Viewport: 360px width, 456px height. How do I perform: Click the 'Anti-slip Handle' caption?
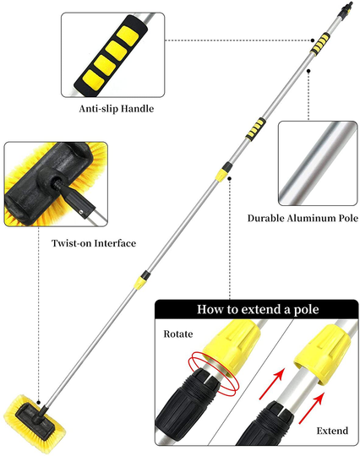(117, 109)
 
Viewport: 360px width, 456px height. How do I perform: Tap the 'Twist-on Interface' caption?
(94, 243)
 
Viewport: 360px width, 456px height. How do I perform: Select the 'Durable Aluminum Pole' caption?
(303, 218)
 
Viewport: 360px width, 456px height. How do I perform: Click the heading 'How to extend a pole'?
(258, 309)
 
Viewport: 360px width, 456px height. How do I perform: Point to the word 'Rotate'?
(178, 334)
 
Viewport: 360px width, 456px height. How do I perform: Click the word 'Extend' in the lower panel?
(332, 431)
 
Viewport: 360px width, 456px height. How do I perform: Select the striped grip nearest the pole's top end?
(319, 44)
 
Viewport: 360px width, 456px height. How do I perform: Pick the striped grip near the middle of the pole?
(255, 129)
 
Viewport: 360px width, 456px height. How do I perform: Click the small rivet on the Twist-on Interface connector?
(81, 212)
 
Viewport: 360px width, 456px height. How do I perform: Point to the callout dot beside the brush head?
(39, 403)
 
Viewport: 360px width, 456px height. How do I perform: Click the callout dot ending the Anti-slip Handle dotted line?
(313, 41)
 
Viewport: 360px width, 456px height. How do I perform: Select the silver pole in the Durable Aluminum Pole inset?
(316, 163)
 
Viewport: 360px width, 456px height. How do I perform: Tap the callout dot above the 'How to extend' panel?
(230, 178)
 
